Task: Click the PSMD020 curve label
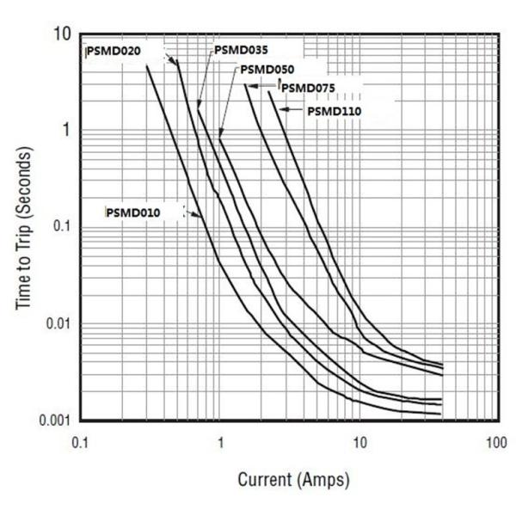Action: (x=115, y=51)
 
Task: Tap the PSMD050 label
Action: (x=268, y=70)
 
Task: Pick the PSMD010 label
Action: (x=132, y=212)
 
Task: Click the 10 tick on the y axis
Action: (x=61, y=35)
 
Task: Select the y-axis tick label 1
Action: (x=65, y=131)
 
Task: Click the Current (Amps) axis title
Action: (x=293, y=478)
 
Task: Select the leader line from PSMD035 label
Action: (x=205, y=77)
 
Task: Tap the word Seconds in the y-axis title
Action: (x=26, y=180)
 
